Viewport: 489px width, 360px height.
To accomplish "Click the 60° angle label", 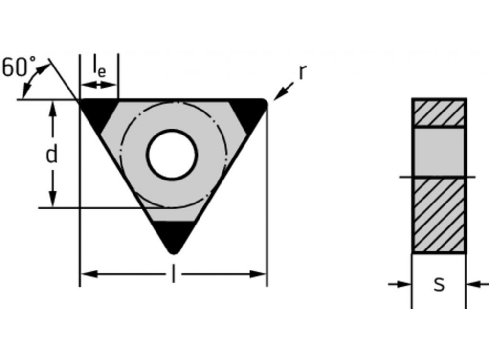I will pyautogui.click(x=19, y=67).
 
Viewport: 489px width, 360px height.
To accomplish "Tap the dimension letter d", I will pyautogui.click(x=51, y=155).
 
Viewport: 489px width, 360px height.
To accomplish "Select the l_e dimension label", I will pyautogui.click(x=99, y=68).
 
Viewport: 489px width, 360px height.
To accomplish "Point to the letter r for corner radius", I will pyautogui.click(x=302, y=72).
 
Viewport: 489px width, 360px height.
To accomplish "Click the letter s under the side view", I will pyautogui.click(x=439, y=283).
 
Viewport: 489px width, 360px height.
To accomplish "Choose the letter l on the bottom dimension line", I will pyautogui.click(x=173, y=274).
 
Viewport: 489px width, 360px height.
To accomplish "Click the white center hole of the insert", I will pyautogui.click(x=172, y=155).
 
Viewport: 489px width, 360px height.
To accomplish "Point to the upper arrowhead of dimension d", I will pyautogui.click(x=53, y=108).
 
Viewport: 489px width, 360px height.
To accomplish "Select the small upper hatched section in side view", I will pyautogui.click(x=439, y=113).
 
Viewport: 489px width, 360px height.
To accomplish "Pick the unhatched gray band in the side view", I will pyautogui.click(x=439, y=152).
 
